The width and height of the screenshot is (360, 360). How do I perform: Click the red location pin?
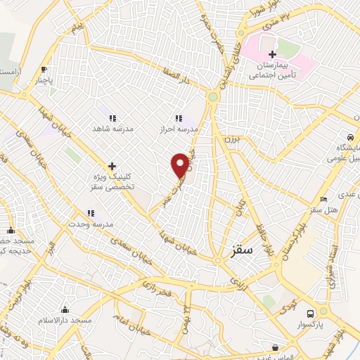click(181, 165)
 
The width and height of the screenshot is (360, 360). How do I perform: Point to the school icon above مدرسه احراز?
click(179, 118)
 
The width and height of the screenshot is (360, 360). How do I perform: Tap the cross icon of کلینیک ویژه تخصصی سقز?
click(112, 165)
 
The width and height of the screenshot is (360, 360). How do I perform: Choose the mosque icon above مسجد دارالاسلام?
click(65, 309)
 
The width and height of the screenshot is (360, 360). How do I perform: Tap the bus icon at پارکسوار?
click(310, 314)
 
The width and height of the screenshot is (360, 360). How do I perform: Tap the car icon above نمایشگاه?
click(349, 136)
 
